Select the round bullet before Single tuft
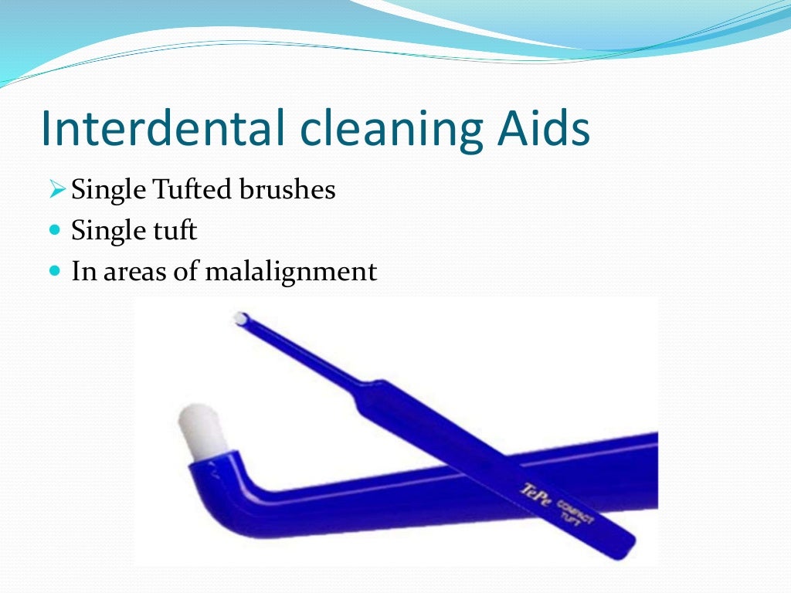pyautogui.click(x=54, y=231)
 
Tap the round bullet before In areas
pyautogui.click(x=54, y=272)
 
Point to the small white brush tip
pyautogui.click(x=241, y=318)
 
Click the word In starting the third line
pyautogui.click(x=81, y=272)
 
